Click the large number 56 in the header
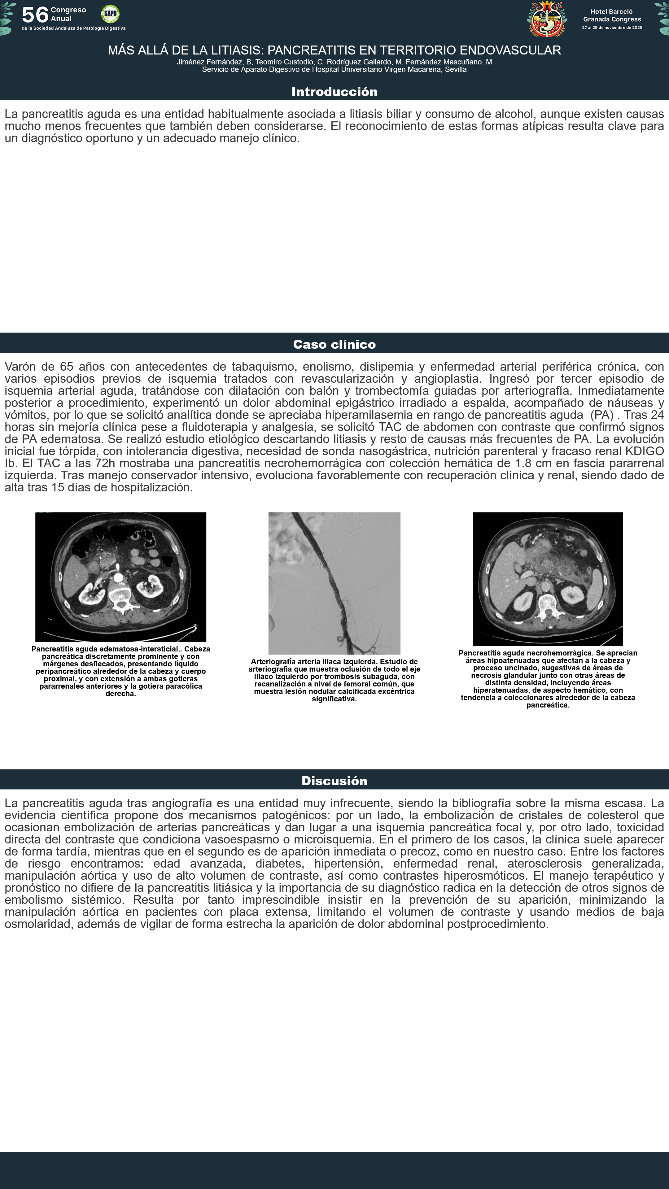(x=35, y=15)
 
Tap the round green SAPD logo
(x=110, y=14)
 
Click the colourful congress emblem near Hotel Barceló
(x=547, y=19)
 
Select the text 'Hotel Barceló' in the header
(x=611, y=11)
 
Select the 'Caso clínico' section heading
(x=334, y=344)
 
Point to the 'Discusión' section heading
(x=334, y=781)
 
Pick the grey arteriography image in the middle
(x=334, y=583)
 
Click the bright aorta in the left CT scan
(x=118, y=577)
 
